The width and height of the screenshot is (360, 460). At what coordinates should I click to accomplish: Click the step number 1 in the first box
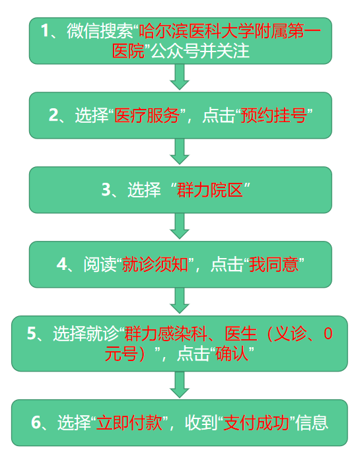44,30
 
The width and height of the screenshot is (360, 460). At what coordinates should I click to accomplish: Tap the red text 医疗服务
147,115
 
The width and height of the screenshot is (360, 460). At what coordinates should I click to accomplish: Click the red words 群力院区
210,190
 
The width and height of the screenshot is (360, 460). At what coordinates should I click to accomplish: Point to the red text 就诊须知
155,265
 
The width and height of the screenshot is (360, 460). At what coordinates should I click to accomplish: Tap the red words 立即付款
129,422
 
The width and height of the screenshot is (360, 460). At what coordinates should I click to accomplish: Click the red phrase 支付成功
256,422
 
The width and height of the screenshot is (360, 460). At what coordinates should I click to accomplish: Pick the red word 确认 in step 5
232,354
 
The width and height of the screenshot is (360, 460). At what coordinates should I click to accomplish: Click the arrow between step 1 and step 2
180,77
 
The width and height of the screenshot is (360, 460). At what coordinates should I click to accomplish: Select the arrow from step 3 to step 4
180,226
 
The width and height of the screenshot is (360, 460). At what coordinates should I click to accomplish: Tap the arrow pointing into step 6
180,384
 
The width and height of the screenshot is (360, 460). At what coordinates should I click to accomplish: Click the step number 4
62,265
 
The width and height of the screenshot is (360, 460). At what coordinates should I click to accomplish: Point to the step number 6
36,422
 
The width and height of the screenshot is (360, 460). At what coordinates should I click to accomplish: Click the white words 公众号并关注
200,51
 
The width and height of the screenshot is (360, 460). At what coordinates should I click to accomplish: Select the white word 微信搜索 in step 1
100,30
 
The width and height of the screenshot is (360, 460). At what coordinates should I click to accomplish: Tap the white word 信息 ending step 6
312,422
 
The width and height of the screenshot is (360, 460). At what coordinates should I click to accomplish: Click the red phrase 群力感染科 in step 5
166,333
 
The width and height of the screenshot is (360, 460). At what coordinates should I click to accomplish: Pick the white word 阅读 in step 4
100,265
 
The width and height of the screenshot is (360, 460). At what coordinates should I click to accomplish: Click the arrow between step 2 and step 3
180,151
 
